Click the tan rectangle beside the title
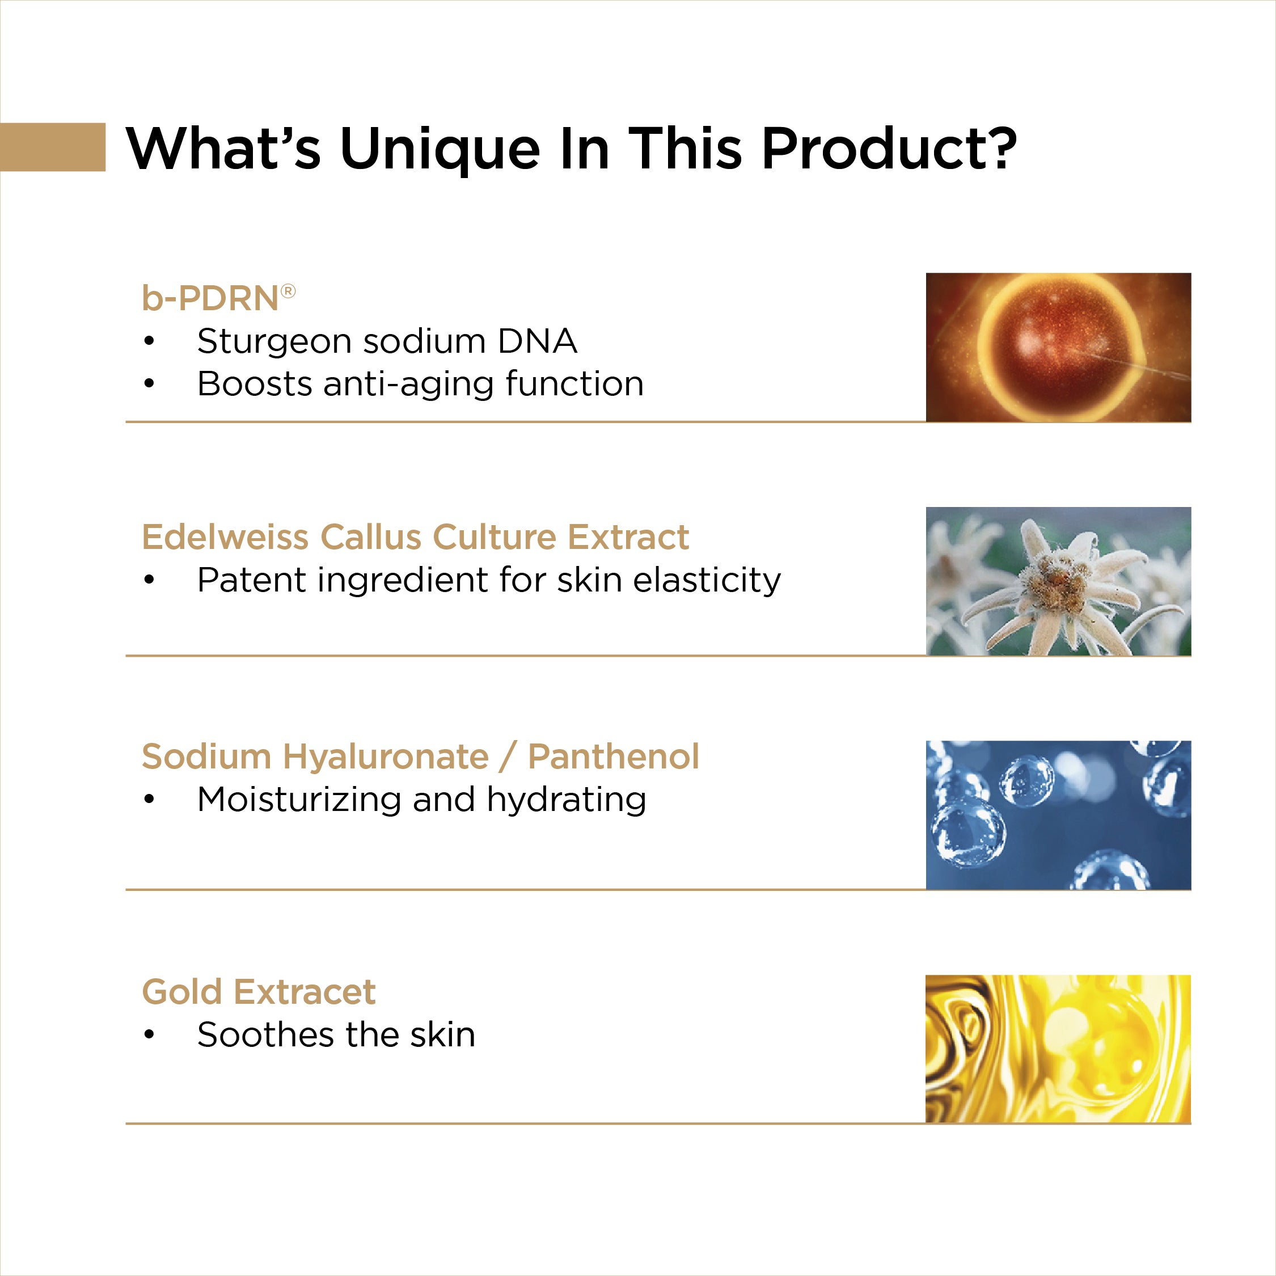pyautogui.click(x=53, y=147)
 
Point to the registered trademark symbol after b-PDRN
pyautogui.click(x=289, y=290)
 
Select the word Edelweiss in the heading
pyautogui.click(x=225, y=536)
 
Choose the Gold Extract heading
pyautogui.click(x=259, y=991)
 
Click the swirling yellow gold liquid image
pyautogui.click(x=1058, y=1049)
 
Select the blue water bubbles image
pyautogui.click(x=1058, y=815)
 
